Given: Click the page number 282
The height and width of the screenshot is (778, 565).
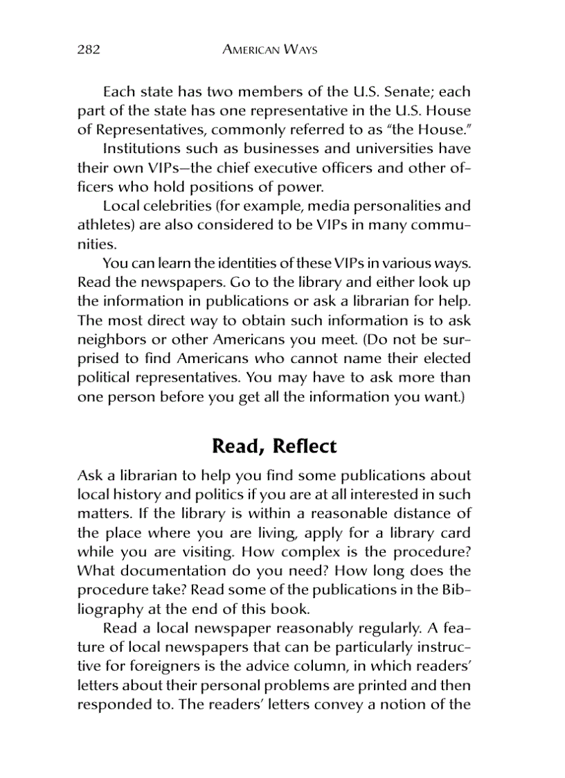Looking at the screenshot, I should [89, 50].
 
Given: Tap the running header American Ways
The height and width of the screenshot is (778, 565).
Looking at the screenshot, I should [271, 50].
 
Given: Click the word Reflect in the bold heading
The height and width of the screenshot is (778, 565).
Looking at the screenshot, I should [305, 446].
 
